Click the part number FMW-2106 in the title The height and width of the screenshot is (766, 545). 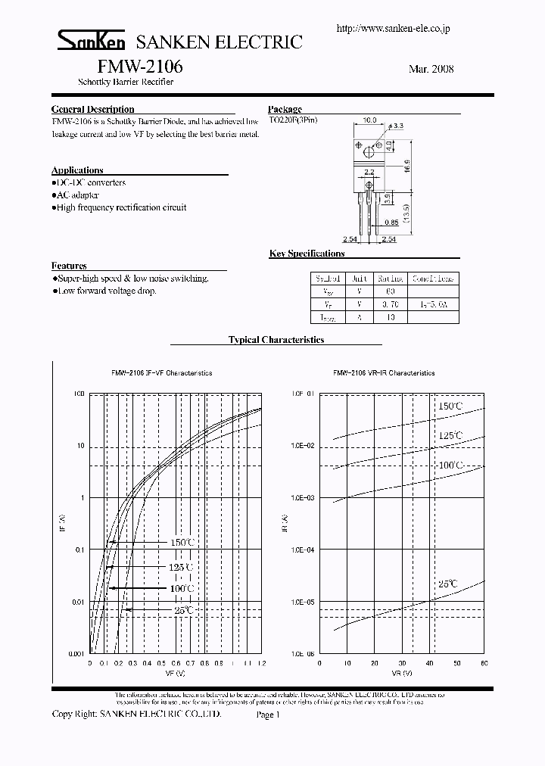pyautogui.click(x=139, y=67)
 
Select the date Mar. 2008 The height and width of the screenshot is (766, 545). pyautogui.click(x=431, y=68)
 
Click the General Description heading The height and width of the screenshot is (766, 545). pyautogui.click(x=92, y=109)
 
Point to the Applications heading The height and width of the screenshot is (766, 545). pyautogui.click(x=77, y=170)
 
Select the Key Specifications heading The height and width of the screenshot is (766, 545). pyautogui.click(x=307, y=254)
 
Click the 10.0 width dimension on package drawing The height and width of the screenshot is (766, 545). pyautogui.click(x=369, y=120)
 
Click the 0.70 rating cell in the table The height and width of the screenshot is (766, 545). pyautogui.click(x=391, y=304)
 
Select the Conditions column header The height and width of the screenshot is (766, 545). pyautogui.click(x=434, y=279)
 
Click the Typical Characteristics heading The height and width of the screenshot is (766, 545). pyautogui.click(x=276, y=340)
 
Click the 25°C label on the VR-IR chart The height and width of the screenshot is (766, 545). pyautogui.click(x=447, y=584)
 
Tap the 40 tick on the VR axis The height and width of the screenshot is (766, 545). pyautogui.click(x=429, y=663)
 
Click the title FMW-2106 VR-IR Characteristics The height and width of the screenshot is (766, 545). pyautogui.click(x=384, y=373)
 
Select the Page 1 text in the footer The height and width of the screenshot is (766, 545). pyautogui.click(x=269, y=714)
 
